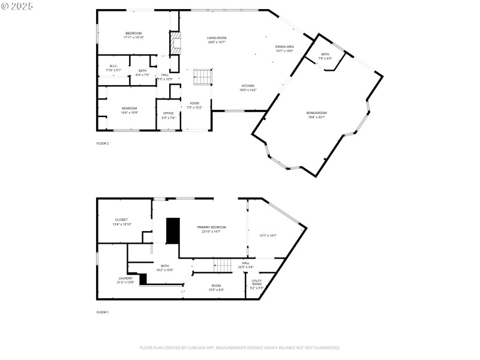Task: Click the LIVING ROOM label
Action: pos(216,37)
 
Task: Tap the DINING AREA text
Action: pos(284,46)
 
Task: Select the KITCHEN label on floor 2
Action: pos(248,86)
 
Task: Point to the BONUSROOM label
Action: pos(316,113)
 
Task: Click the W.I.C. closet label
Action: pos(113,66)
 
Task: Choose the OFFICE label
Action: pos(169,113)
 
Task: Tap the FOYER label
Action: pos(194,103)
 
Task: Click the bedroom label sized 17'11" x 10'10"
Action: pos(133,33)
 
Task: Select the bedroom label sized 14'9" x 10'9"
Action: pos(130,108)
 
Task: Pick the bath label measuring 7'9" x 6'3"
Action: pos(325,54)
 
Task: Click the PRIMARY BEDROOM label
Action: pos(211,227)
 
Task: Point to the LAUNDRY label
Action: pos(125,278)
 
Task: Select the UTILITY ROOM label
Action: pos(256,282)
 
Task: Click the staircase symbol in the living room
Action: pos(203,77)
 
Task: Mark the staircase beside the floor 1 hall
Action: pos(224,264)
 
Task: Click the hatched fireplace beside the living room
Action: pos(175,44)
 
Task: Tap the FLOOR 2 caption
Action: pos(103,143)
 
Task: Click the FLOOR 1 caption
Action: pos(103,312)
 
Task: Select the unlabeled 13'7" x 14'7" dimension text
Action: pos(267,236)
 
